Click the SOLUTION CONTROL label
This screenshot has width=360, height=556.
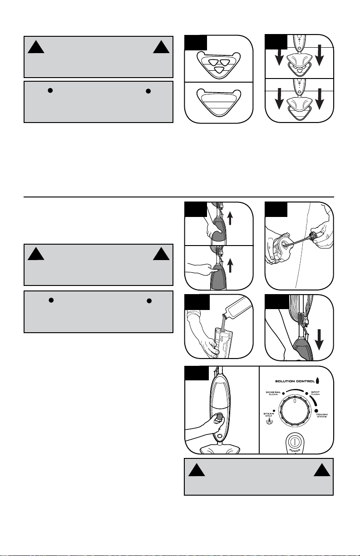[295, 381]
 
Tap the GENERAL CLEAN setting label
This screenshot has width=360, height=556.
[273, 393]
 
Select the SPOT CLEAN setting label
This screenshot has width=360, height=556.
[316, 393]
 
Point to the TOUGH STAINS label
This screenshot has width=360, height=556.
[322, 415]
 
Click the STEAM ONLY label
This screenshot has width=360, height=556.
[269, 415]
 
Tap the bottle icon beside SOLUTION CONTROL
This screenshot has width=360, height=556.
[317, 380]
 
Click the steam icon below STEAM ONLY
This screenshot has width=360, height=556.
[269, 421]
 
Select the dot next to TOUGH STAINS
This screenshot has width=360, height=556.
[316, 411]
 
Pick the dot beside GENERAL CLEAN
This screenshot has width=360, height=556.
[283, 394]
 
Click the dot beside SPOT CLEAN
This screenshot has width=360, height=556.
[306, 394]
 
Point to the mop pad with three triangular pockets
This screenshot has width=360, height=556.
[219, 65]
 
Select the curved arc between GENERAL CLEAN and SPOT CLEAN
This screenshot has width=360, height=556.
[295, 390]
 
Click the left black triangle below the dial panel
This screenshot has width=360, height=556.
[197, 470]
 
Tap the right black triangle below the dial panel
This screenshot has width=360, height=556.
[322, 470]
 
